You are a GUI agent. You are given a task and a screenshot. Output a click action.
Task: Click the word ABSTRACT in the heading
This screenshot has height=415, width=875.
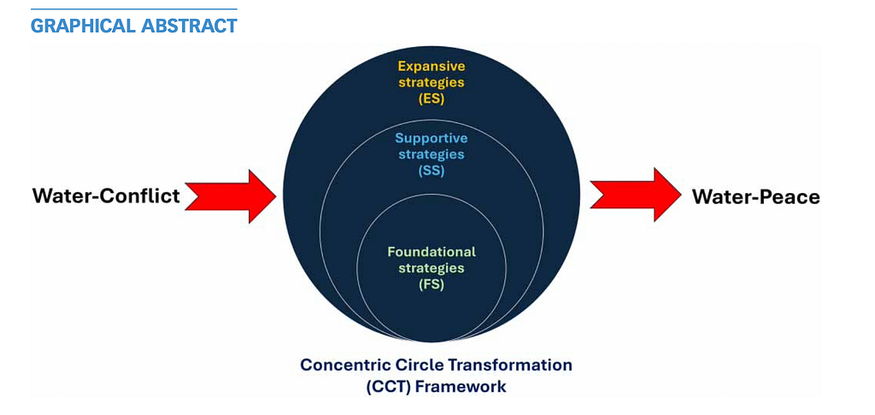click(x=189, y=26)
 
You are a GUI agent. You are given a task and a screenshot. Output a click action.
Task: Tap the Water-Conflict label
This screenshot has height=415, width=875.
click(x=106, y=196)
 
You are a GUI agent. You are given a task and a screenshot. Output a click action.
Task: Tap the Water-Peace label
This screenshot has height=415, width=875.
click(x=755, y=197)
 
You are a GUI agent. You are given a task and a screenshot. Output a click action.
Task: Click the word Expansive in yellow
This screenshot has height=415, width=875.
click(x=432, y=66)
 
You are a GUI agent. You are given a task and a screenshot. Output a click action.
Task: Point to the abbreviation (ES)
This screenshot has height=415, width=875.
click(x=432, y=98)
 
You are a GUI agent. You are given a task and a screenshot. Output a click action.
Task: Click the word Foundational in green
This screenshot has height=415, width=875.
click(x=432, y=252)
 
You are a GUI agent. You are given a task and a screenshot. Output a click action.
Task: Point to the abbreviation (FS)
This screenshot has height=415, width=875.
click(x=432, y=284)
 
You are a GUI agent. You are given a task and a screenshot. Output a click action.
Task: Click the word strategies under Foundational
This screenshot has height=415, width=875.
click(x=432, y=268)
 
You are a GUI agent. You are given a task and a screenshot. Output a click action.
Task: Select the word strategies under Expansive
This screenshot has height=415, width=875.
click(x=432, y=82)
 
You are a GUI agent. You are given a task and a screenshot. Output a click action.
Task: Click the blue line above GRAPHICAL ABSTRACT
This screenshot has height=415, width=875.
click(x=133, y=9)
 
